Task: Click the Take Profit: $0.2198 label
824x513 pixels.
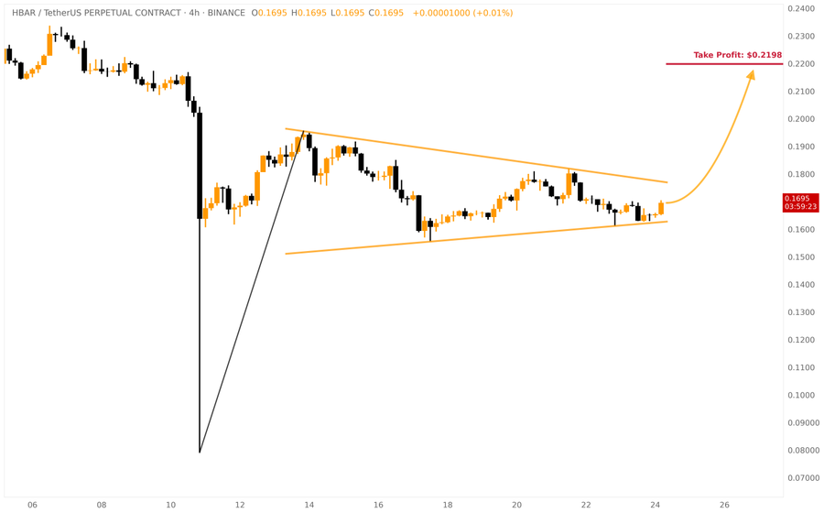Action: (x=737, y=55)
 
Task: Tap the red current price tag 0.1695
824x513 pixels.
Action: (x=800, y=198)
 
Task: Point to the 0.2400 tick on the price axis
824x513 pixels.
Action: (x=801, y=9)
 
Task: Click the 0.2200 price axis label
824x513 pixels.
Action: (x=801, y=64)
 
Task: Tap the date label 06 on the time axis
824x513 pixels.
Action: (x=32, y=505)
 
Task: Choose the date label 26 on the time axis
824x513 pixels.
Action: (x=724, y=505)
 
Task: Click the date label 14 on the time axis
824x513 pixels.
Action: (x=309, y=505)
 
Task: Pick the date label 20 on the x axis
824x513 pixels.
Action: (x=517, y=505)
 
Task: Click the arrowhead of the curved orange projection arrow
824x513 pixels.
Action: (x=751, y=75)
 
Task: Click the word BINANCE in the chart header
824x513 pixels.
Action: (x=225, y=14)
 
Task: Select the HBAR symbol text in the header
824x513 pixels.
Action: (x=24, y=14)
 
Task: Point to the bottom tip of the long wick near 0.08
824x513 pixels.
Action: (x=200, y=452)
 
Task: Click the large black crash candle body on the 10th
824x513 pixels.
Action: (x=200, y=165)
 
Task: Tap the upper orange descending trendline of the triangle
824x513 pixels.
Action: (x=476, y=155)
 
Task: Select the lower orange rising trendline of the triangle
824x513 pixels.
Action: (x=476, y=237)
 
